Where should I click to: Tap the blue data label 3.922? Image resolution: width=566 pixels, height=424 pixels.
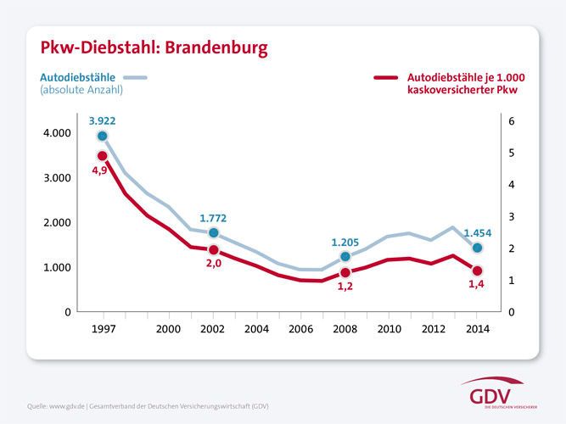click(x=102, y=121)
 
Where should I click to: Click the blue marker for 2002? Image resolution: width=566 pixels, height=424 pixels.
click(x=214, y=232)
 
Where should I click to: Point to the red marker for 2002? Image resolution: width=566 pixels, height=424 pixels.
click(x=214, y=249)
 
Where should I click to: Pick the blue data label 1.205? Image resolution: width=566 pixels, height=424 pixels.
click(x=345, y=243)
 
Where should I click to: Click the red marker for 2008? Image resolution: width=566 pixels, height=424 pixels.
click(x=345, y=273)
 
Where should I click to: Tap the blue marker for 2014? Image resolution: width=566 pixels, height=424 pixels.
click(x=478, y=248)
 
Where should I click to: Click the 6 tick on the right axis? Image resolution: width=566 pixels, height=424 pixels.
click(x=511, y=121)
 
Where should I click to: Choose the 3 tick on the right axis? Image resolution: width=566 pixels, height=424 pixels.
click(x=511, y=216)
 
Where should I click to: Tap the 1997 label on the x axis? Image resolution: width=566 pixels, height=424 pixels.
click(x=104, y=328)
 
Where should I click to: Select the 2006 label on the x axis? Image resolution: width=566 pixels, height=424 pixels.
click(x=301, y=328)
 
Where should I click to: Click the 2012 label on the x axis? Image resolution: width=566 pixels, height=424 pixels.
click(x=434, y=328)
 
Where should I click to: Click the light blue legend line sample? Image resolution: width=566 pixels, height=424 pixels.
click(x=135, y=78)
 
